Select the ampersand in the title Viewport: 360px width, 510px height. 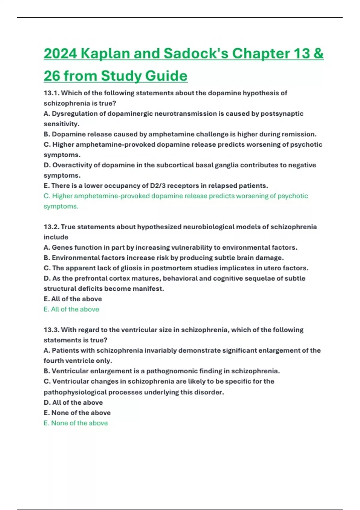tap(318, 54)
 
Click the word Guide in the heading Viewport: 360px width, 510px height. tap(166, 76)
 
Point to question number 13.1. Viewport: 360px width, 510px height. tap(51, 93)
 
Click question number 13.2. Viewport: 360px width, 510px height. tap(51, 227)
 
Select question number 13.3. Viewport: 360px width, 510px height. tap(51, 330)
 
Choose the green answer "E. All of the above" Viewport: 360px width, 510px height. tap(71, 309)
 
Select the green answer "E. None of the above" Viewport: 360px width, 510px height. tap(76, 423)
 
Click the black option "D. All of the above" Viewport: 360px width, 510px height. tap(73, 402)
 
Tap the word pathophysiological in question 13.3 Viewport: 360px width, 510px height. tap(75, 392)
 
